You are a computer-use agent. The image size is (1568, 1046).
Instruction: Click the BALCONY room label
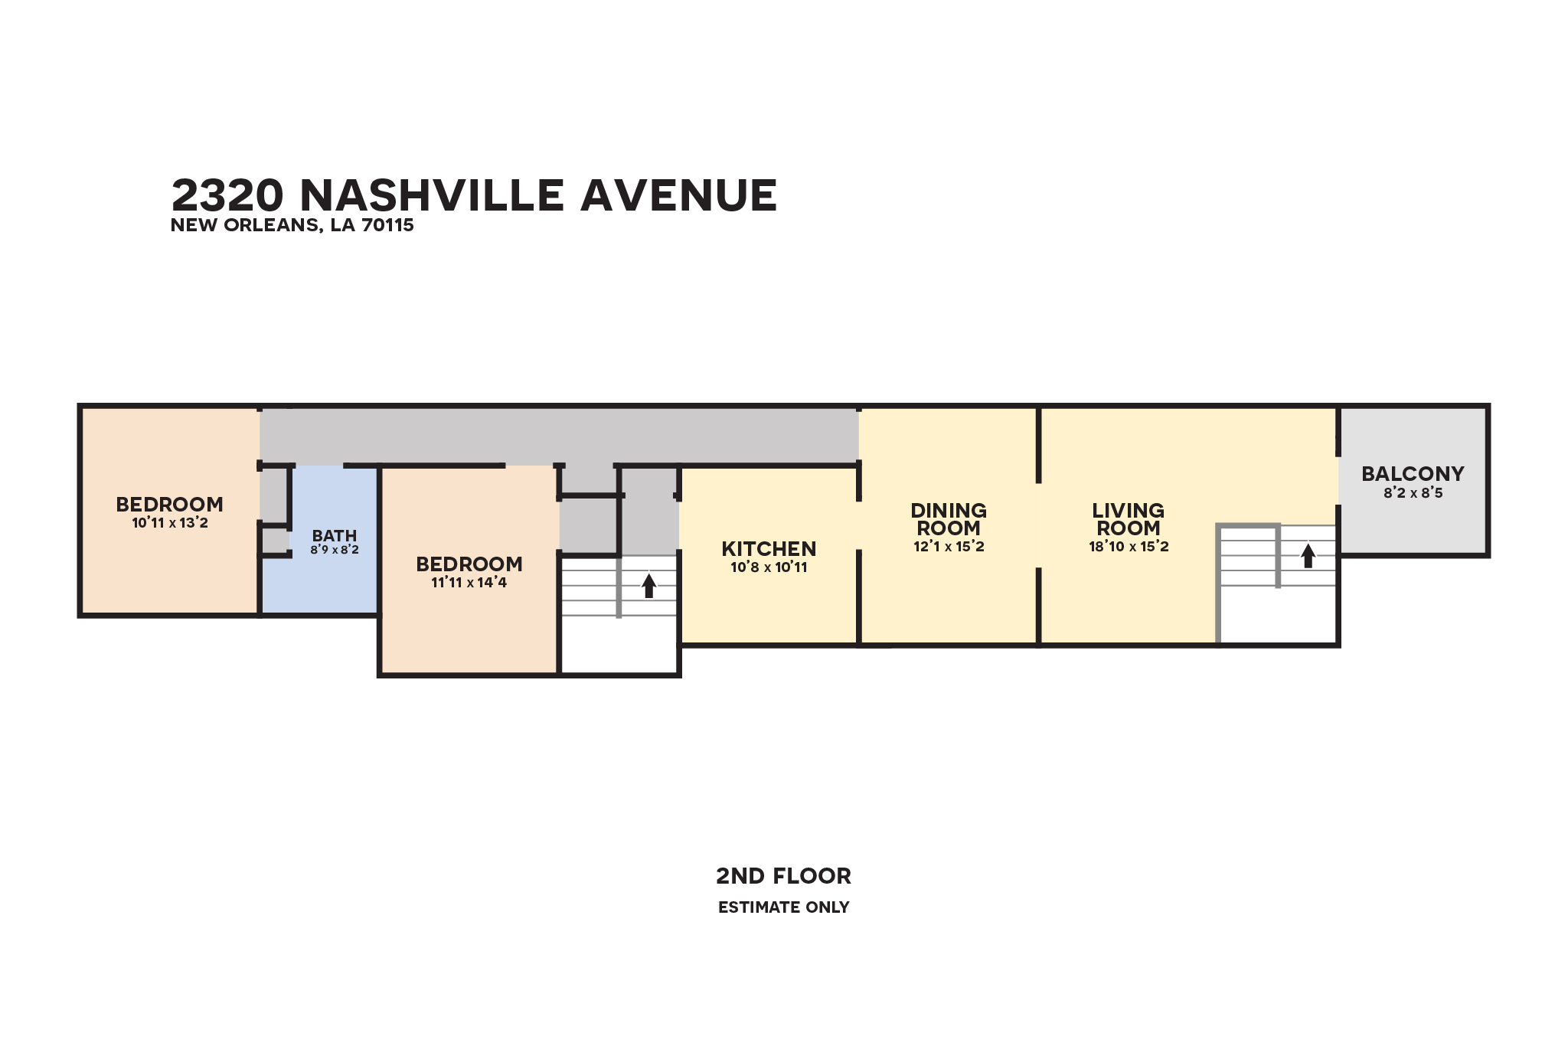(x=1413, y=474)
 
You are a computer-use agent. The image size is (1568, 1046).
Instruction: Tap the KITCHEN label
(x=769, y=549)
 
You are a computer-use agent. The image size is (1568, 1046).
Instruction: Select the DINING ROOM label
(x=949, y=519)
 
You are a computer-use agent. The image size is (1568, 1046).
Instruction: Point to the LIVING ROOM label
(x=1129, y=519)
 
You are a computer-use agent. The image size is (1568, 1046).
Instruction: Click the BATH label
(x=335, y=536)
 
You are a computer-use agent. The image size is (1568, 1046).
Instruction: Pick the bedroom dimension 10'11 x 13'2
(x=170, y=523)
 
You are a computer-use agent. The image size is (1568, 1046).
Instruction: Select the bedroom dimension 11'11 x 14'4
(x=469, y=583)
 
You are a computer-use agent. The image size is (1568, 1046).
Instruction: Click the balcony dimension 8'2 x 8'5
(x=1413, y=493)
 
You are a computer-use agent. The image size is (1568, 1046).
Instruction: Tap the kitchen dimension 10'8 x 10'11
(x=769, y=567)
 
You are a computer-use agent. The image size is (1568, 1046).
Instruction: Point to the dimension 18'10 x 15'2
(x=1129, y=547)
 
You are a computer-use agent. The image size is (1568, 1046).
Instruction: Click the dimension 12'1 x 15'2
(x=949, y=547)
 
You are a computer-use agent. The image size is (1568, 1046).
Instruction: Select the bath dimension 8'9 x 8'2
(x=335, y=550)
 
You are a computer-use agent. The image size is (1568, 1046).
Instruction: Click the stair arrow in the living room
(x=1308, y=555)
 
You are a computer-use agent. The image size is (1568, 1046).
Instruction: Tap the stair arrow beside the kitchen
(x=648, y=586)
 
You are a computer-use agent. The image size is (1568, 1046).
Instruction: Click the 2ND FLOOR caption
(x=783, y=876)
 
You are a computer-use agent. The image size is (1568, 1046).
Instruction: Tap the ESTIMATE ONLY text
(x=783, y=907)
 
